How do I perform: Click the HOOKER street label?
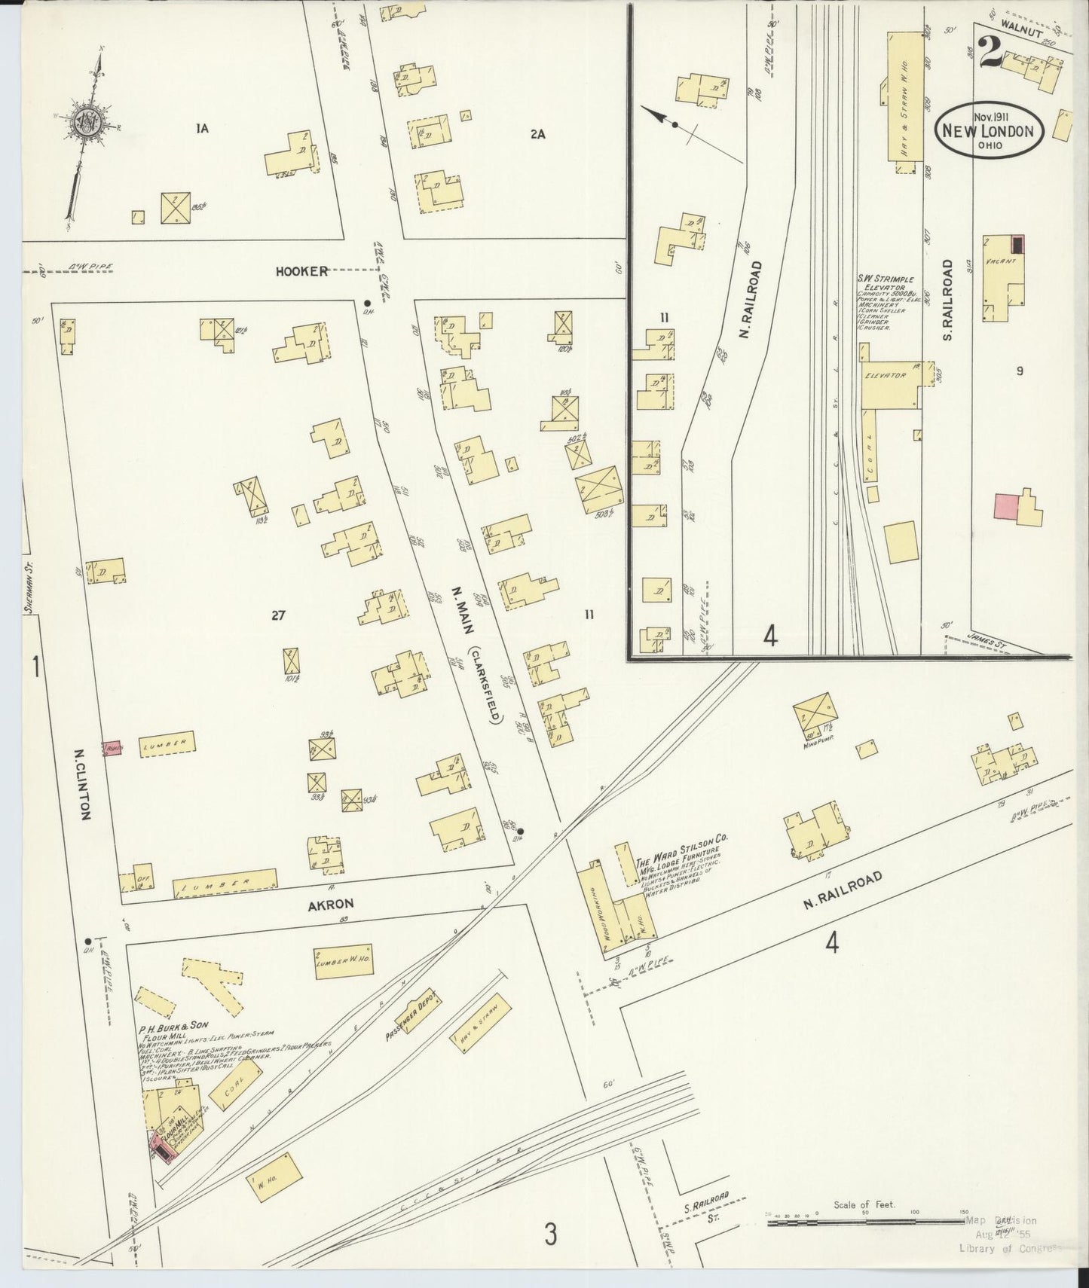pyautogui.click(x=306, y=271)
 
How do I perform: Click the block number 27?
pyautogui.click(x=278, y=615)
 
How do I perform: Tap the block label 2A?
pyautogui.click(x=537, y=135)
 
